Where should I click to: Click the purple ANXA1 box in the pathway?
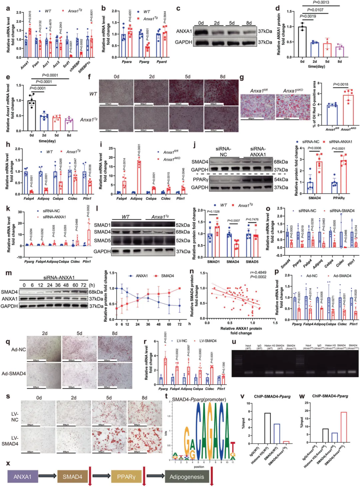coord(22,477)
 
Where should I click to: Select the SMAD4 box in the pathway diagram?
coord(72,477)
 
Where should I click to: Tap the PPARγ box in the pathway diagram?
coord(126,477)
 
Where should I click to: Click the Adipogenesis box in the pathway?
coord(187,477)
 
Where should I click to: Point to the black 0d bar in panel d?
coord(302,42)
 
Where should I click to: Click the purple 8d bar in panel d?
coord(339,52)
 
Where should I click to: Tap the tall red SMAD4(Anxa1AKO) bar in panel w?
coord(344,428)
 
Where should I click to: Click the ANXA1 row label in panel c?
coord(184,31)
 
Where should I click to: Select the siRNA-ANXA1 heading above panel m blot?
coord(59,277)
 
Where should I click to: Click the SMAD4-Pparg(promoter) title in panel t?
coord(199,399)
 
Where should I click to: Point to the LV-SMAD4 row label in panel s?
coord(10,441)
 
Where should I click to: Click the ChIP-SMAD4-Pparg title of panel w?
coord(330,396)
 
